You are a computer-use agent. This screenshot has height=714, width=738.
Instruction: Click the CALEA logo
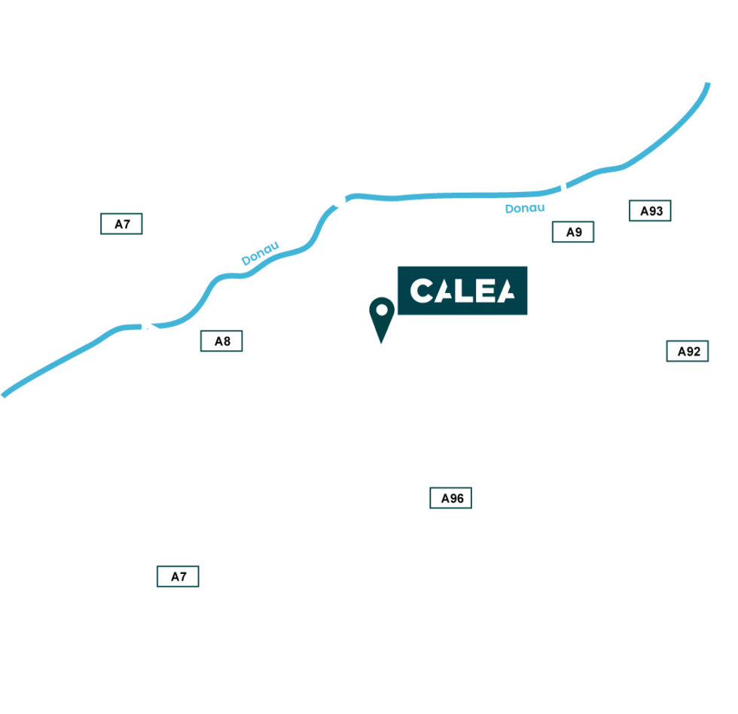tap(462, 291)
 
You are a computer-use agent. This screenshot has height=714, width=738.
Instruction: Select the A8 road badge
tap(222, 341)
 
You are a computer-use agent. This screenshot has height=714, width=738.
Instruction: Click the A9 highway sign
tap(573, 232)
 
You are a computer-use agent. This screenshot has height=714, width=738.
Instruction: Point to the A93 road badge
tap(651, 211)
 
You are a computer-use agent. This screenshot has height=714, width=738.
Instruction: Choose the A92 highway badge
tap(688, 350)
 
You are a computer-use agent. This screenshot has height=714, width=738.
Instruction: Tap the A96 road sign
tap(451, 498)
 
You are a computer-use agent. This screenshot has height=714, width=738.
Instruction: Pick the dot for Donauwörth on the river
tap(339, 200)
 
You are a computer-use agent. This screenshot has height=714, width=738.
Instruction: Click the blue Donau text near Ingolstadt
tap(525, 208)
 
